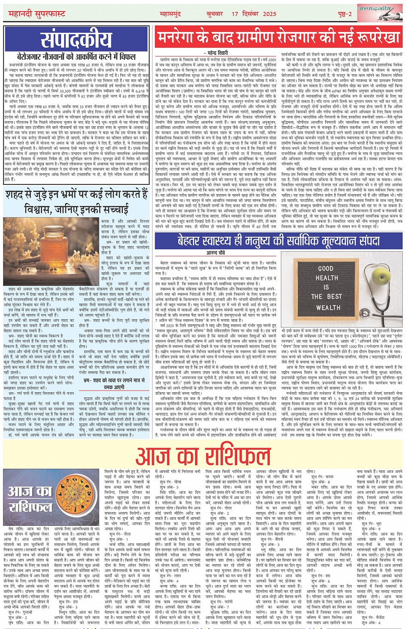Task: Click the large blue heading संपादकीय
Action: click(76, 40)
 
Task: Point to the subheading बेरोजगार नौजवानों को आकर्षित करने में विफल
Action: click(76, 56)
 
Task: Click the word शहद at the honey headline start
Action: click(15, 195)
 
